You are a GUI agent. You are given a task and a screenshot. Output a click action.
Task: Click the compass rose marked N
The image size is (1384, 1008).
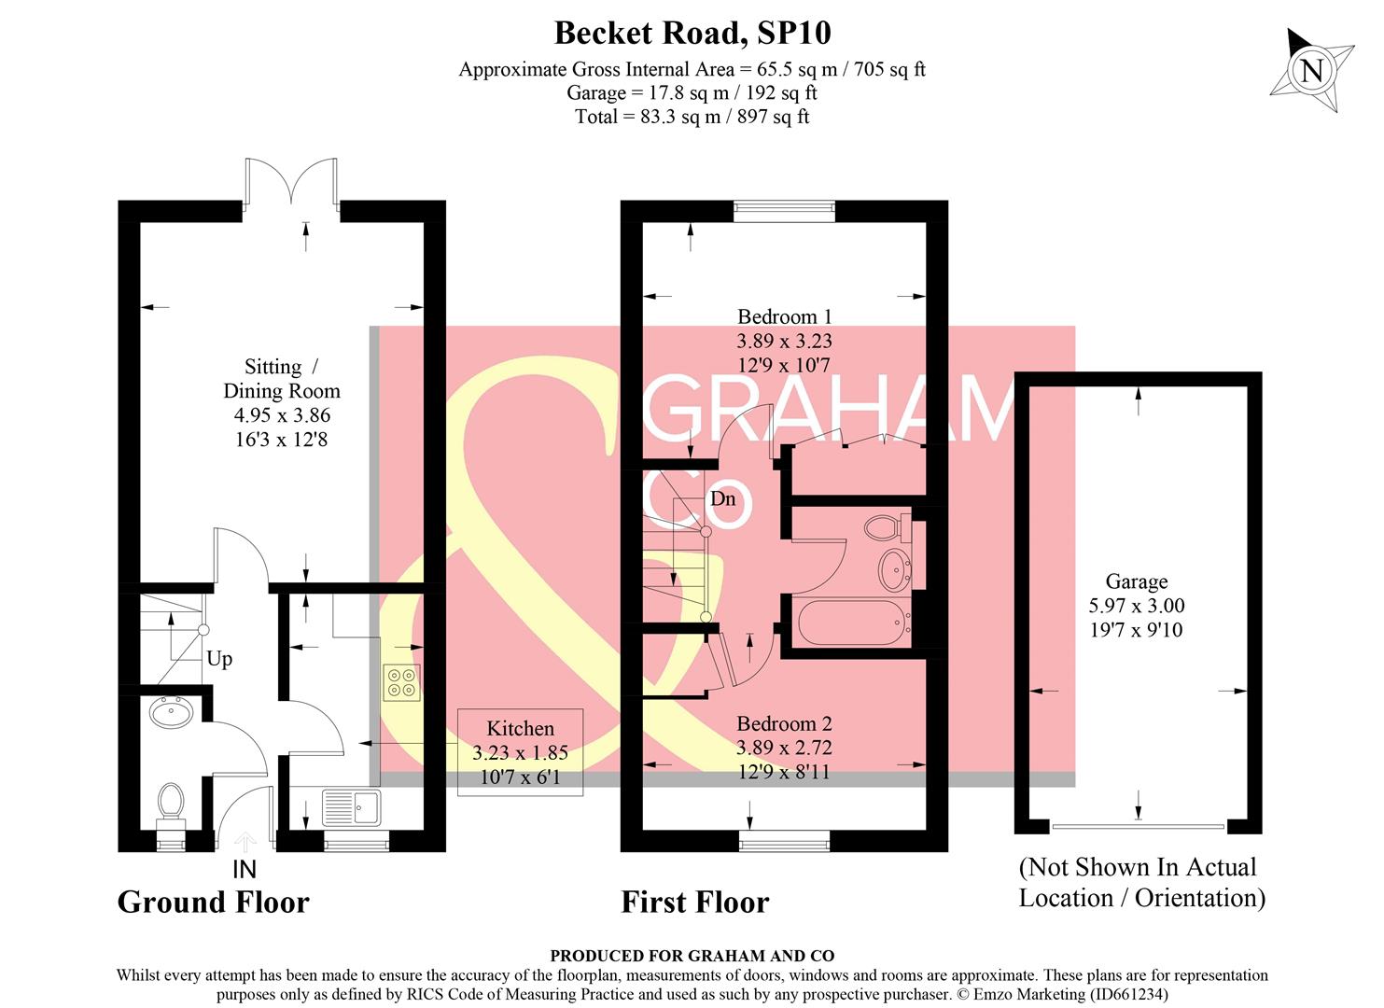pos(1311,70)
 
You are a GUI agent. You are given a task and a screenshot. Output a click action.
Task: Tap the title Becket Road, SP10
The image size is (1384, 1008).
pos(692,33)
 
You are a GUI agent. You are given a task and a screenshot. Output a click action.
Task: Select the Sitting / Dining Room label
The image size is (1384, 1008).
pos(280,402)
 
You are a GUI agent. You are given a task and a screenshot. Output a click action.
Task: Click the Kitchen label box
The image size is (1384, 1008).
pos(520,752)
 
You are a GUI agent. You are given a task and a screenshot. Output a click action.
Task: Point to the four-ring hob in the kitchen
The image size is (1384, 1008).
pos(401,681)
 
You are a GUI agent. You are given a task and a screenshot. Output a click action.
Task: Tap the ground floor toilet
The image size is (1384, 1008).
pos(170,805)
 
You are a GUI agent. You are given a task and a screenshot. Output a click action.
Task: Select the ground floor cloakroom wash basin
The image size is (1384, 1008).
pos(171,714)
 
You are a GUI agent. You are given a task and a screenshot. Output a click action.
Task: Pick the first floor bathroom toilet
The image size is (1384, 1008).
pos(885,527)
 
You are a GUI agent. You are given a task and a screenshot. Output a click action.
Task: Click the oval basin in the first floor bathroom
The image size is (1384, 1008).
pos(895,568)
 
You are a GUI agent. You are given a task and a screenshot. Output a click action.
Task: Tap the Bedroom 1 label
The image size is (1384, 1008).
pos(784,341)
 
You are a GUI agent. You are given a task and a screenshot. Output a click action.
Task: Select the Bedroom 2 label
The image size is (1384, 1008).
pos(784,747)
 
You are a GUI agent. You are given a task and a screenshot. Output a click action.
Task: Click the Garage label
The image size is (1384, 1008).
pos(1136,606)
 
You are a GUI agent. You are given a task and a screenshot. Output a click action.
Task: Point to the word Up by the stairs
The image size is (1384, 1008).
pos(219,659)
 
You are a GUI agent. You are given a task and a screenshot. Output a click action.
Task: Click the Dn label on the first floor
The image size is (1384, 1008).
pos(722,498)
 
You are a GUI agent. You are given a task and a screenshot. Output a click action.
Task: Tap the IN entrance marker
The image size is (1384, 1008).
pos(244,870)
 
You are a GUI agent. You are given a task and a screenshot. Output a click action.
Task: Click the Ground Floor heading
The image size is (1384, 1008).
pos(213,902)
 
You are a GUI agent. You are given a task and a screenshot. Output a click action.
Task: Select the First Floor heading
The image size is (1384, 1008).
pos(695,902)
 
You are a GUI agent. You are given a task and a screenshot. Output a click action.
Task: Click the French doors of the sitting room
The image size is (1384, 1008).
pos(291,182)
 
